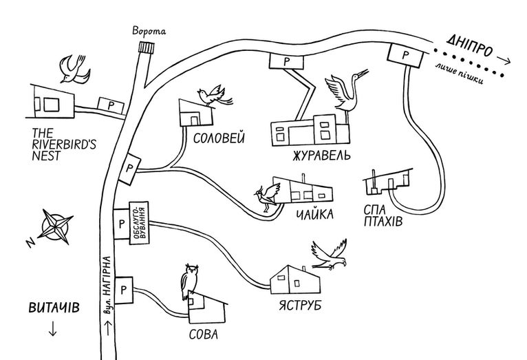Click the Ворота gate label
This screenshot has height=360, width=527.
click(x=149, y=31)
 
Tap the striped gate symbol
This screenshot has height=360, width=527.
click(x=147, y=47)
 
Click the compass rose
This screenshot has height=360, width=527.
click(x=55, y=226)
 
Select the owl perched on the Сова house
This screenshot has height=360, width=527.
click(x=189, y=281)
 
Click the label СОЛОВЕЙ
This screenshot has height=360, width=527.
click(x=219, y=138)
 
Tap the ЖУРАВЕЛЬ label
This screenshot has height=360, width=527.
click(x=321, y=156)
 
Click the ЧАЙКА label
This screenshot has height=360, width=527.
click(x=314, y=214)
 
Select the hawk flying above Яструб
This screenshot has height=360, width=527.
click(x=330, y=255)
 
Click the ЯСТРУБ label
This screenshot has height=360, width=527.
click(x=300, y=305)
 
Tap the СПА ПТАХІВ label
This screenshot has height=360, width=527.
click(x=383, y=216)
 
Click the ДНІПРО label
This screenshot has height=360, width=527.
click(x=470, y=45)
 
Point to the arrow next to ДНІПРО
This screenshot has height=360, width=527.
click(x=504, y=60)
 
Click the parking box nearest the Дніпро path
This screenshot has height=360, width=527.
click(x=405, y=55)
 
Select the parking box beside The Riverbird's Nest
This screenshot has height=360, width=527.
click(x=111, y=105)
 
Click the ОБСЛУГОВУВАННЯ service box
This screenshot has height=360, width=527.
click(x=139, y=222)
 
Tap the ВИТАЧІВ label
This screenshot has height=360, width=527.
click(x=54, y=308)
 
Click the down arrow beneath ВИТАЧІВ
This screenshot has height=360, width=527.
click(x=52, y=329)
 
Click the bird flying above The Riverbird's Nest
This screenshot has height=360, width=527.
click(x=74, y=70)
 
